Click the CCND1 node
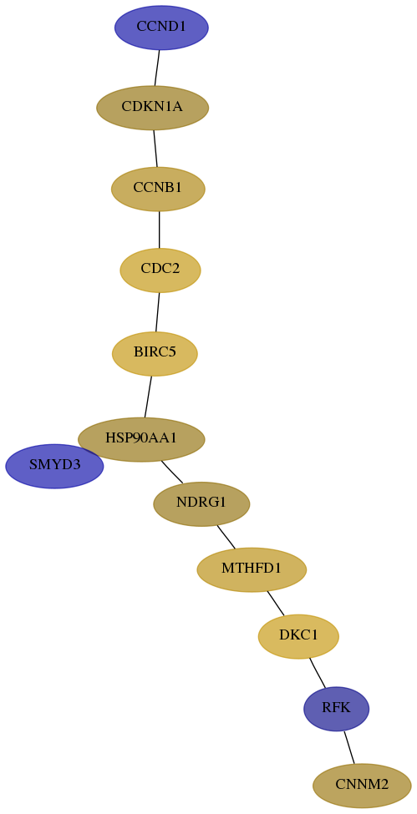coord(161,28)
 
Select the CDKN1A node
coord(152,108)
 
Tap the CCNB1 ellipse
coord(158,189)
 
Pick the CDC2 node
coord(160,270)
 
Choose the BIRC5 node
coord(155,353)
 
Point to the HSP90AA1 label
coord(141,438)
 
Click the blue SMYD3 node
coord(54,466)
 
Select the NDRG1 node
coord(201,503)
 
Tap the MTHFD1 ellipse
coord(252,569)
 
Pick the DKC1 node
coord(298,636)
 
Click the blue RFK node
coord(337,709)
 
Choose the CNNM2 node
coord(362,786)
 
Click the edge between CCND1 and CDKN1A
coord(157,68)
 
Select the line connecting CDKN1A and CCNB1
coord(155,149)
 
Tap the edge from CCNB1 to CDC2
coord(159,230)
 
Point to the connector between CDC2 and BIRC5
coord(158,312)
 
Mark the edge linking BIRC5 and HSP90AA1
coord(148,397)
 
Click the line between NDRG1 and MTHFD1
coord(226,537)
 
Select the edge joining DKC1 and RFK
coord(318,673)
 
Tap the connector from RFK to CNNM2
coord(349,747)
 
